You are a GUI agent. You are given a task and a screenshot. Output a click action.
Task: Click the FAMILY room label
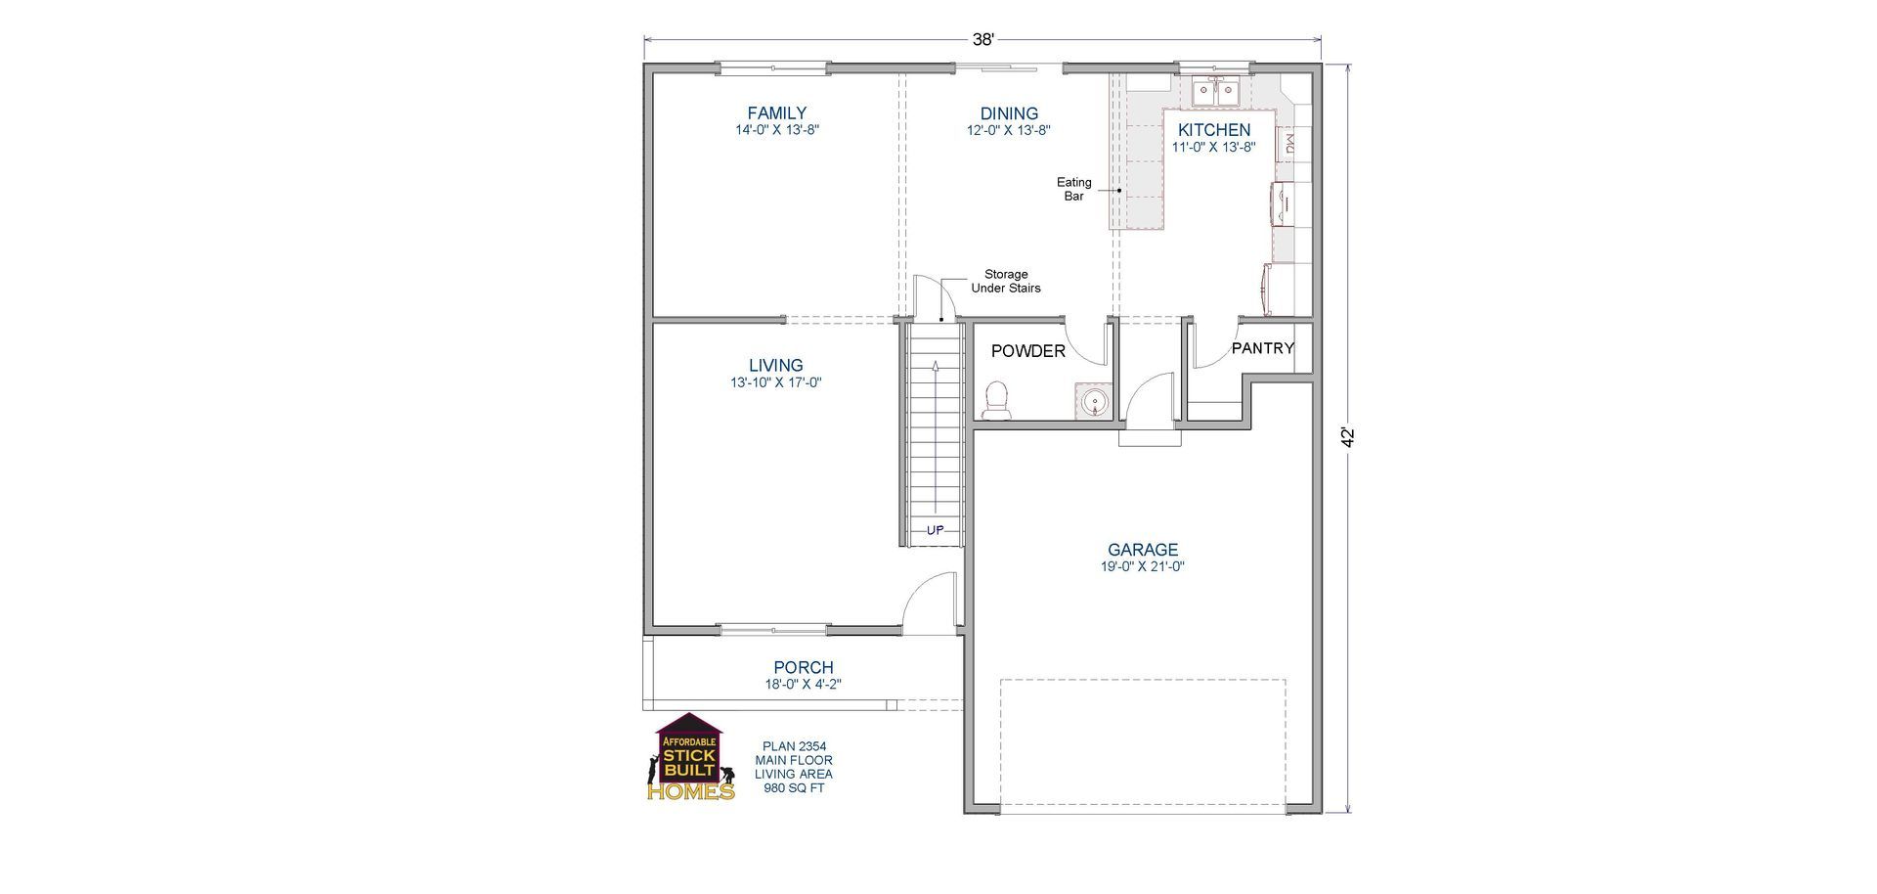pos(776,113)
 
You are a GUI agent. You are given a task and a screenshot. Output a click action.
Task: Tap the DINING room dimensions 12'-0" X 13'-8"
pos(1009,130)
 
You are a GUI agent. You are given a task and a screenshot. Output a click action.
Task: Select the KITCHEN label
pos(1213,130)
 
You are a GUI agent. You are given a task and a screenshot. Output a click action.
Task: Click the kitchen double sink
pos(1215,92)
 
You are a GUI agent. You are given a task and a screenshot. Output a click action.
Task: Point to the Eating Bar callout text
pos(1073,189)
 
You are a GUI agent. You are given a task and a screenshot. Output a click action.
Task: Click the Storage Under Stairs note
pos(1005,282)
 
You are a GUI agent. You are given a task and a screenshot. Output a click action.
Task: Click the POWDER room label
pos(1027,351)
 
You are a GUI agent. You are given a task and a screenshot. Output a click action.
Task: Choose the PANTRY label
pos(1262,348)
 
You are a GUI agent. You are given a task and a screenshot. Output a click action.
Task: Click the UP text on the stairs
pos(935,530)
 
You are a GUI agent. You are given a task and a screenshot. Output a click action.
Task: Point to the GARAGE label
pos(1142,550)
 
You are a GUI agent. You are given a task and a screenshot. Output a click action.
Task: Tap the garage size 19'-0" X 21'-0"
pos(1142,566)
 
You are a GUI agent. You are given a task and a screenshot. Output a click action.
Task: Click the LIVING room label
pos(776,366)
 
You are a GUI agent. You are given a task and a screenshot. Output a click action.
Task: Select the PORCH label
pos(804,668)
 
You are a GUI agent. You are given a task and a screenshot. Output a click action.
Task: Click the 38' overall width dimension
pos(982,40)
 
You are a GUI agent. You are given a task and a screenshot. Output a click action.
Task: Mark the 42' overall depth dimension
pos(1348,437)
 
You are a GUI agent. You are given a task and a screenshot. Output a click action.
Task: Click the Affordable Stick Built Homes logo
pos(691,758)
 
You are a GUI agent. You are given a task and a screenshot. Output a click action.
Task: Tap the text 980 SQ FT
pos(794,787)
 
